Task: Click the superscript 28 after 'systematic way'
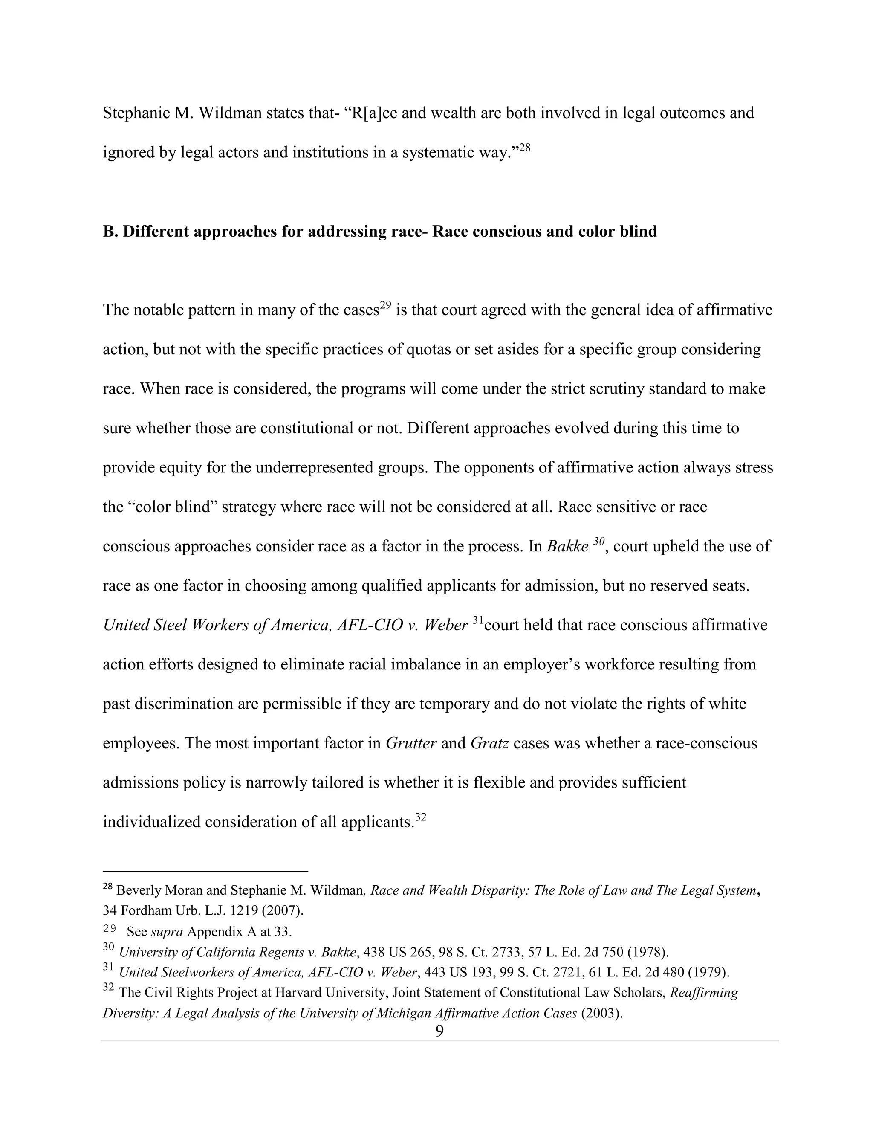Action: click(x=524, y=148)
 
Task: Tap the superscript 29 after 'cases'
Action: click(x=385, y=305)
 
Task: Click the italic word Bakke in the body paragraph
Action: click(x=567, y=546)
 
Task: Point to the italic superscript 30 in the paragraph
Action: click(x=598, y=542)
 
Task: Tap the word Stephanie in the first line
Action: click(x=136, y=113)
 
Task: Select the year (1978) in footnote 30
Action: click(x=649, y=952)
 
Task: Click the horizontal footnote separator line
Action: click(x=205, y=871)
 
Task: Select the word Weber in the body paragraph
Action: click(x=446, y=626)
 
